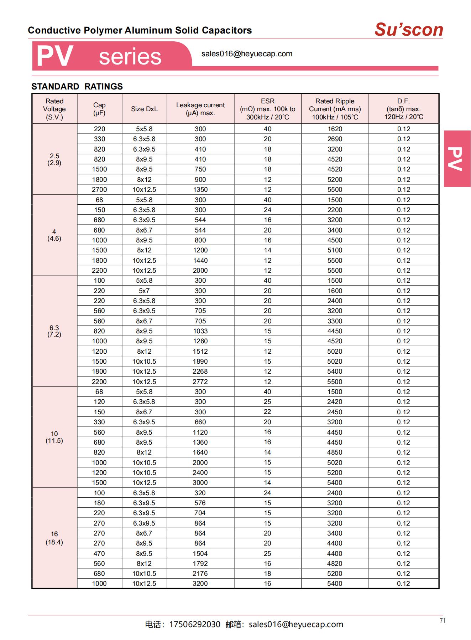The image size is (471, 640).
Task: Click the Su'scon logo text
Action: coord(409,30)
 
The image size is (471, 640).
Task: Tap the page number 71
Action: coord(443,621)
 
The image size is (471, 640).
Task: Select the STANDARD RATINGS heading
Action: coord(77,86)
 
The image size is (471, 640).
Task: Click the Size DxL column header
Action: coord(144,109)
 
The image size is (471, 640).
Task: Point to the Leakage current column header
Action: coord(200,109)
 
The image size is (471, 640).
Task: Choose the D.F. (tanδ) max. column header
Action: coord(404,109)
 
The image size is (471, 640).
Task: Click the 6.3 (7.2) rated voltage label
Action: coord(54,331)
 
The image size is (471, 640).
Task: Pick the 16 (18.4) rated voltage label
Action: coord(54,538)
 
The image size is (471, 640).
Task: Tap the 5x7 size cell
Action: coord(144,291)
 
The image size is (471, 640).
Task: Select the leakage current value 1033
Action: coord(200,331)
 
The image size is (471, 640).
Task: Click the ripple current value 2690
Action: coord(335,139)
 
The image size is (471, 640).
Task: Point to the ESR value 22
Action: coord(268,412)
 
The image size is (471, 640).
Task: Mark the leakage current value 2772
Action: coord(200,382)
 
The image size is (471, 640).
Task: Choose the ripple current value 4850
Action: coord(335,452)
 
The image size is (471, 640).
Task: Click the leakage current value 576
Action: coord(200,503)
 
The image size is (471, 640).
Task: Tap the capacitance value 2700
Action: coord(99,190)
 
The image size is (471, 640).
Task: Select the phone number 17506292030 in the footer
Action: coord(195,624)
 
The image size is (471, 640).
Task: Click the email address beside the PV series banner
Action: coord(247,54)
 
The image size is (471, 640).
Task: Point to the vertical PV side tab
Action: coord(457,159)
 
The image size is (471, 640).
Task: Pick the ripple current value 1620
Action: coord(335,129)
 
